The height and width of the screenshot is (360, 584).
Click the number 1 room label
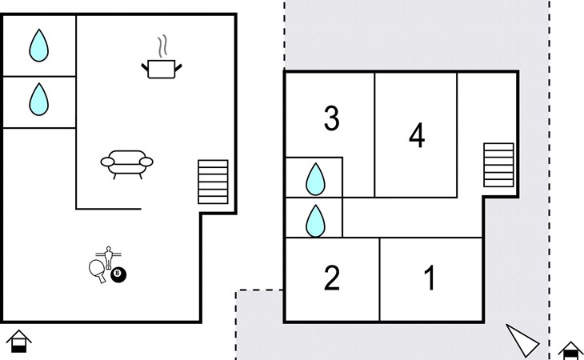click(x=430, y=278)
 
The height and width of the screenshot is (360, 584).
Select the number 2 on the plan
click(x=332, y=278)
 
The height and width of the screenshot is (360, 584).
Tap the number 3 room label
click(x=331, y=119)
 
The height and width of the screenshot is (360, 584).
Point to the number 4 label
click(x=416, y=135)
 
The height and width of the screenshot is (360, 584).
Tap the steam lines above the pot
click(x=163, y=44)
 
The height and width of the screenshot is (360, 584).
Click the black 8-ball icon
click(x=119, y=275)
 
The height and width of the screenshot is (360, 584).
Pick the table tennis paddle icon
click(x=98, y=269)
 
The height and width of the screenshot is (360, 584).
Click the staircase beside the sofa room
click(x=213, y=182)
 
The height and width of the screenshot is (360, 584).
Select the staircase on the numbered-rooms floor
click(x=498, y=166)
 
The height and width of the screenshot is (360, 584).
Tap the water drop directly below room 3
click(x=315, y=179)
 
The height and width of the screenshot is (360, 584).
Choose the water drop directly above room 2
click(x=315, y=220)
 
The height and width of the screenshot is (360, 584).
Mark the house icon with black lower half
click(x=570, y=349)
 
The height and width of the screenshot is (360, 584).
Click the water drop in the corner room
click(x=38, y=46)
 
